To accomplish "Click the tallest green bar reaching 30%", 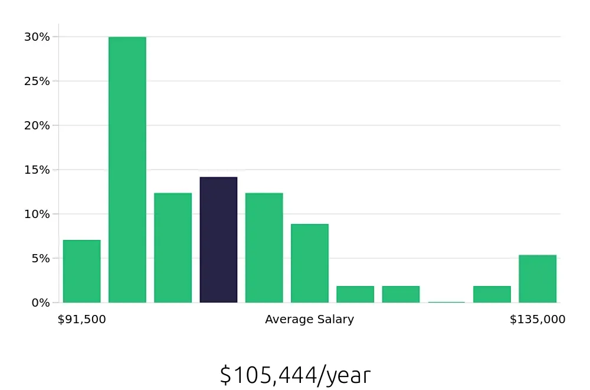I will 127,170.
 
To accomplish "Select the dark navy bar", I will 218,239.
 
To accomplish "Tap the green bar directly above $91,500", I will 82,271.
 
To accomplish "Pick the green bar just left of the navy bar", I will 173,248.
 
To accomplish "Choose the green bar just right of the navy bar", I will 264,248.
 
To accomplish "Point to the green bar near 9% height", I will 310,263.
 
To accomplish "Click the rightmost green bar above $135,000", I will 537,278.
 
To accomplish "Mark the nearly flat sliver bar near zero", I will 447,302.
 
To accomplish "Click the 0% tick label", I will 41,303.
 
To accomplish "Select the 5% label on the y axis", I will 41,258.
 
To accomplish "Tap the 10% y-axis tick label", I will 37,214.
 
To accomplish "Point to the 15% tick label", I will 37,170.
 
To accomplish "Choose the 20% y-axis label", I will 37,125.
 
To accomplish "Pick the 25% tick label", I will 37,81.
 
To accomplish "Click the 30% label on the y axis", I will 37,37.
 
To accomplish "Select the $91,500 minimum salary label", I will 82,320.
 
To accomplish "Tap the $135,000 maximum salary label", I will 537,320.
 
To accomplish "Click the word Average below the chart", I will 289,320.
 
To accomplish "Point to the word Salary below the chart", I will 335,320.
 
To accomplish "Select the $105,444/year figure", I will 295,375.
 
